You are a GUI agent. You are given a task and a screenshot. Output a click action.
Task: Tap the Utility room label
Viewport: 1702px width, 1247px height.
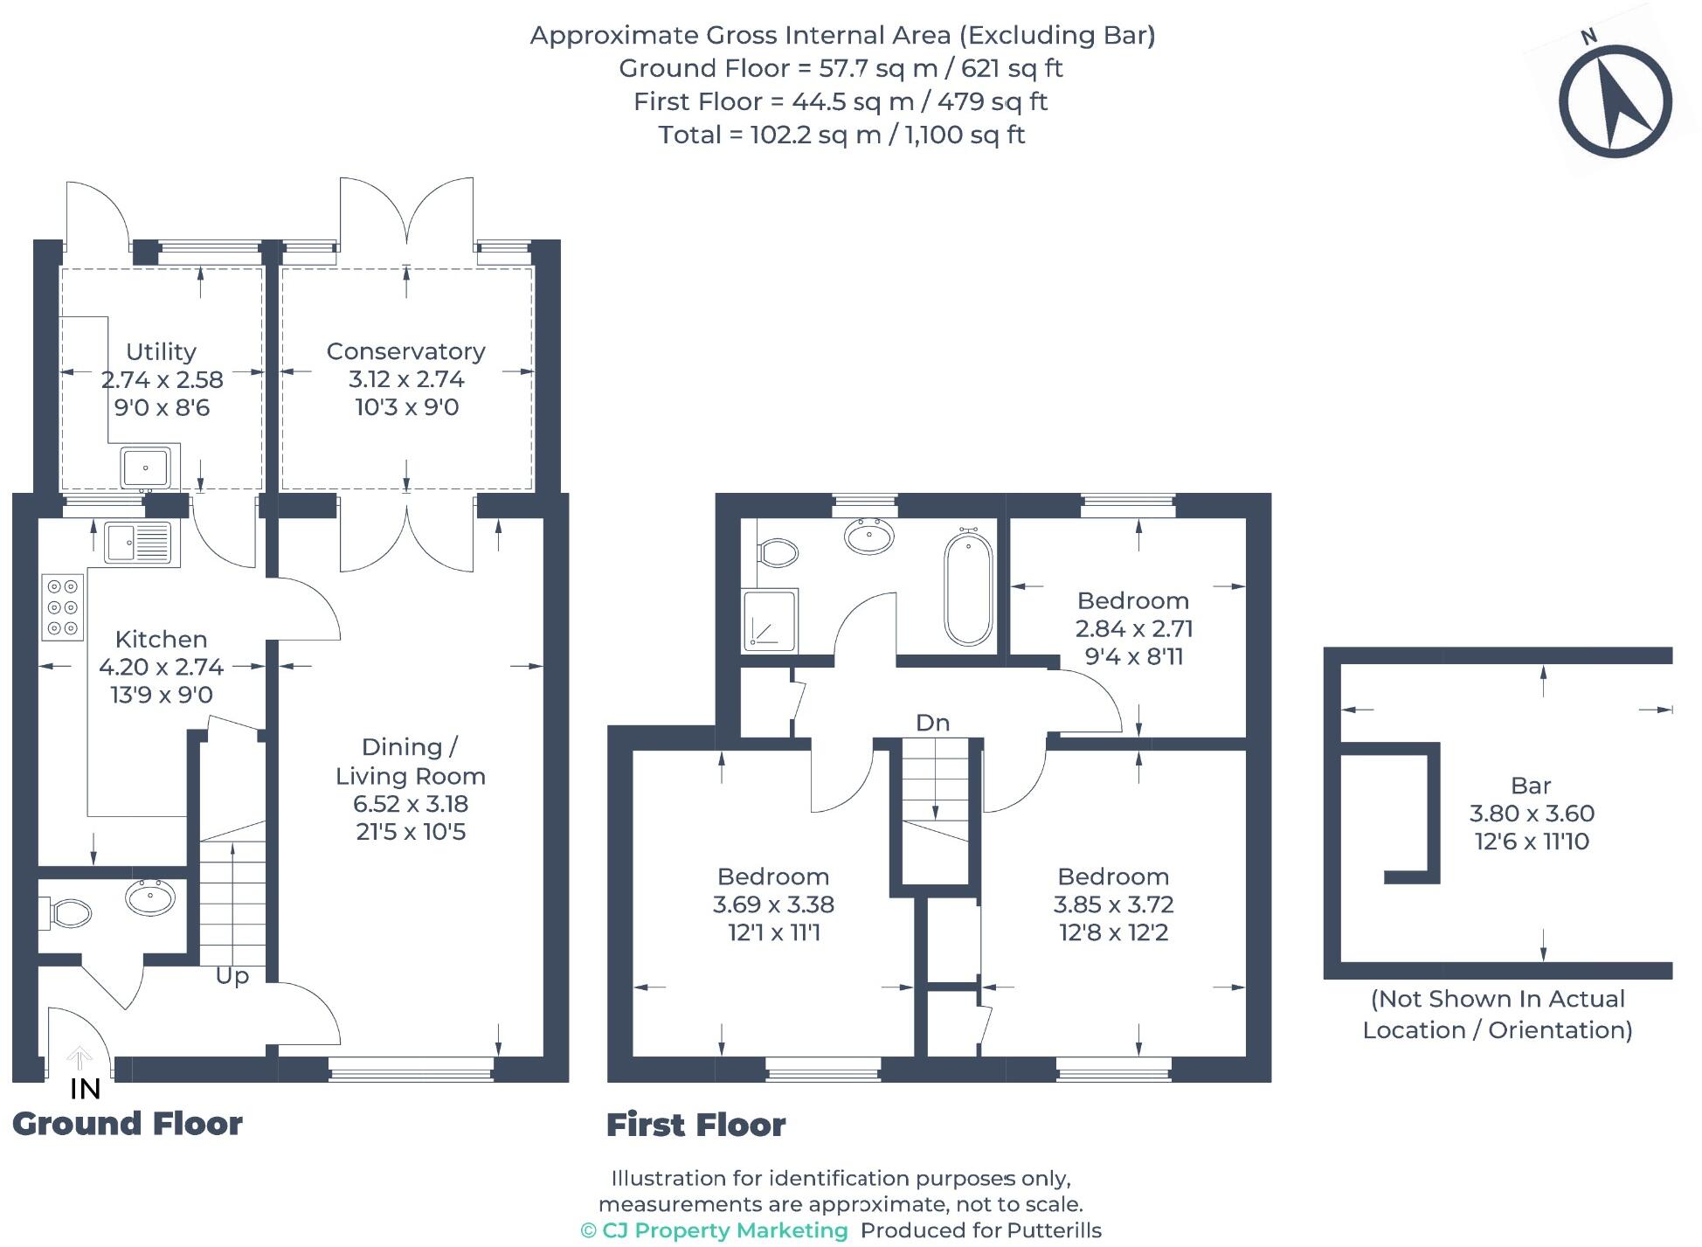[161, 351]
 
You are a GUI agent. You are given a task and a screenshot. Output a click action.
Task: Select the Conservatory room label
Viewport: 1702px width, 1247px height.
[405, 351]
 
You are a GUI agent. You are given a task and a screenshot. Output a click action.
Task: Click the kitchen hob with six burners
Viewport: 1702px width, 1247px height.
[63, 606]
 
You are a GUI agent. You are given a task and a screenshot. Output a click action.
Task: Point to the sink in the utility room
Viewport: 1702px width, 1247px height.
[145, 468]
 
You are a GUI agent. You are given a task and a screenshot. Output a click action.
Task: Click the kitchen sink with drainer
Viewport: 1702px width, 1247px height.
[139, 543]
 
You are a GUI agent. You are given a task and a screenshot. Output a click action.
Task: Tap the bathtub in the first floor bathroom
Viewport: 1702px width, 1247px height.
[968, 589]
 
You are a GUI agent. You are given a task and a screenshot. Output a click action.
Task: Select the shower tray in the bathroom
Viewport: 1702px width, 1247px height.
[770, 620]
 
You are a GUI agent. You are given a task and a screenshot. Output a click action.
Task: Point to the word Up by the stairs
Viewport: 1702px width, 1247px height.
[232, 975]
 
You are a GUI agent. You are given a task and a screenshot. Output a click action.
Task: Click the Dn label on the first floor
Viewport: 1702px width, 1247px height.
[932, 723]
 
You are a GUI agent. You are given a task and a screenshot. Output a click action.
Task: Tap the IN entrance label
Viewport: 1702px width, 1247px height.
[85, 1089]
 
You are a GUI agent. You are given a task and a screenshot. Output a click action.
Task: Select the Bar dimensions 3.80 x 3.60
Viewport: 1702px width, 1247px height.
[1532, 814]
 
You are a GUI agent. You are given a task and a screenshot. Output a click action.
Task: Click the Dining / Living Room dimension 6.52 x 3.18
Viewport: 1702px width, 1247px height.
[411, 804]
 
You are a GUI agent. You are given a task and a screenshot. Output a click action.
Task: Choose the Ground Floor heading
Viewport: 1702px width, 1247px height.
[128, 1124]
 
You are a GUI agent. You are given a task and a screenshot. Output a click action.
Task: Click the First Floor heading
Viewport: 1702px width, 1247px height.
[696, 1125]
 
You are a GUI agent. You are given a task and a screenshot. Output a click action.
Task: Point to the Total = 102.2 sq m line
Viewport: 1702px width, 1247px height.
[841, 135]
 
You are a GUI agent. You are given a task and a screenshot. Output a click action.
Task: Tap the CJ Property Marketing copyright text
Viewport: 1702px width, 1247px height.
[715, 1230]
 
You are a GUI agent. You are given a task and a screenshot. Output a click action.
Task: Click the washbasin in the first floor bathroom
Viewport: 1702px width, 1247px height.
[869, 535]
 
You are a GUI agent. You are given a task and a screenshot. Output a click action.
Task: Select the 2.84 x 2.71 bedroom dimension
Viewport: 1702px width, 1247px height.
[1133, 628]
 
